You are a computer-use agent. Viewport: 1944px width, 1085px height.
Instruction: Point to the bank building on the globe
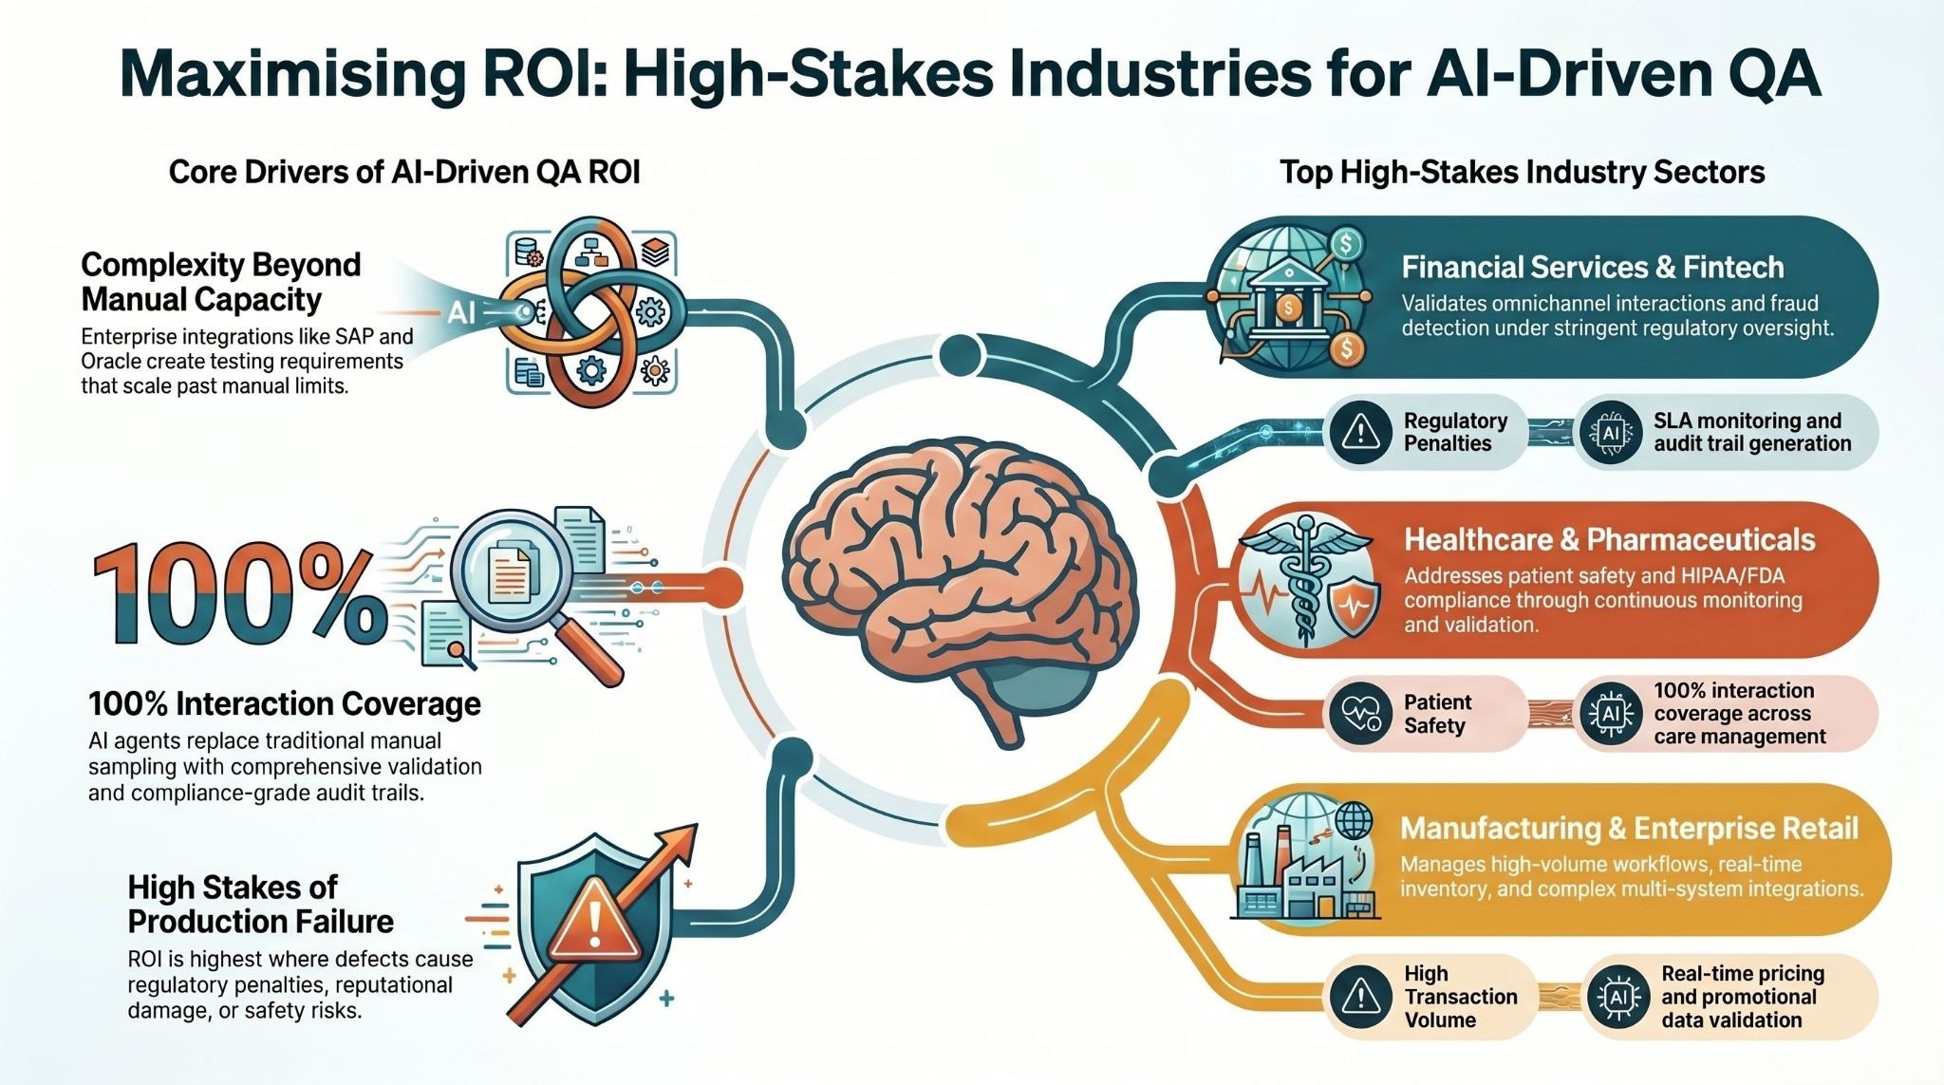[x=1289, y=299]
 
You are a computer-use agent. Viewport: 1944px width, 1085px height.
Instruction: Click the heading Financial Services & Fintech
[x=1592, y=268]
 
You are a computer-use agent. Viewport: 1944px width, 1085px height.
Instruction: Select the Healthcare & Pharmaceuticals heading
[x=1609, y=540]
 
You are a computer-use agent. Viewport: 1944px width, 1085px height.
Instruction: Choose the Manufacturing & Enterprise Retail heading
[x=1629, y=829]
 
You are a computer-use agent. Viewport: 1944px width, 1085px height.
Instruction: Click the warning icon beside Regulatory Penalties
[x=1361, y=432]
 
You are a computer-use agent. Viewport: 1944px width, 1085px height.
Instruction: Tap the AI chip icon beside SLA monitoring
[x=1611, y=432]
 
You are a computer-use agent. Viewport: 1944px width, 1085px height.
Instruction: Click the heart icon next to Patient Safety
[x=1360, y=713]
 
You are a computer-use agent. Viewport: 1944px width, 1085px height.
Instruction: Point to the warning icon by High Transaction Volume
[x=1361, y=997]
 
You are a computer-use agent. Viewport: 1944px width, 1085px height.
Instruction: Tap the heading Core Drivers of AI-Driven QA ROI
[x=404, y=172]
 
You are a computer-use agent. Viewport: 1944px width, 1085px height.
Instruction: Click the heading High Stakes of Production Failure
[x=260, y=904]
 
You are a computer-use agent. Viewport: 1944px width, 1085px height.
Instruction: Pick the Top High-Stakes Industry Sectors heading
[x=1522, y=172]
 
